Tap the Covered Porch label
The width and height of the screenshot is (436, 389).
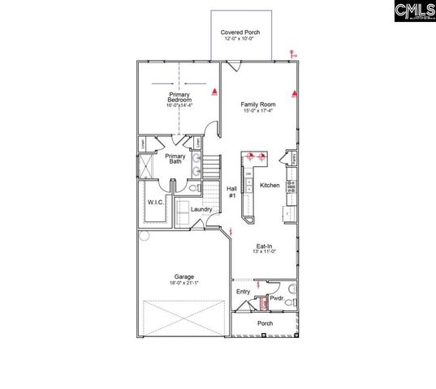[240, 33]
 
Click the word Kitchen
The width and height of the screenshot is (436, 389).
[270, 186]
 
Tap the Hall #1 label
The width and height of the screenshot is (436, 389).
[231, 190]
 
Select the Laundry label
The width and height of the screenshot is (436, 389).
[201, 209]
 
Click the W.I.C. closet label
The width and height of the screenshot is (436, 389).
[156, 203]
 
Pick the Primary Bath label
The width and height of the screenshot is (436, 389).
[175, 159]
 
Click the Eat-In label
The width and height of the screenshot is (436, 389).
[265, 246]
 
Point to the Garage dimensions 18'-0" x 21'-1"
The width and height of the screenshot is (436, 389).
[183, 283]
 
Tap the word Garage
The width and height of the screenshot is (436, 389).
[183, 276]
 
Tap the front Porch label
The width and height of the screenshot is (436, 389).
[265, 324]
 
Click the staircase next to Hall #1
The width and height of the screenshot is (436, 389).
[211, 169]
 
